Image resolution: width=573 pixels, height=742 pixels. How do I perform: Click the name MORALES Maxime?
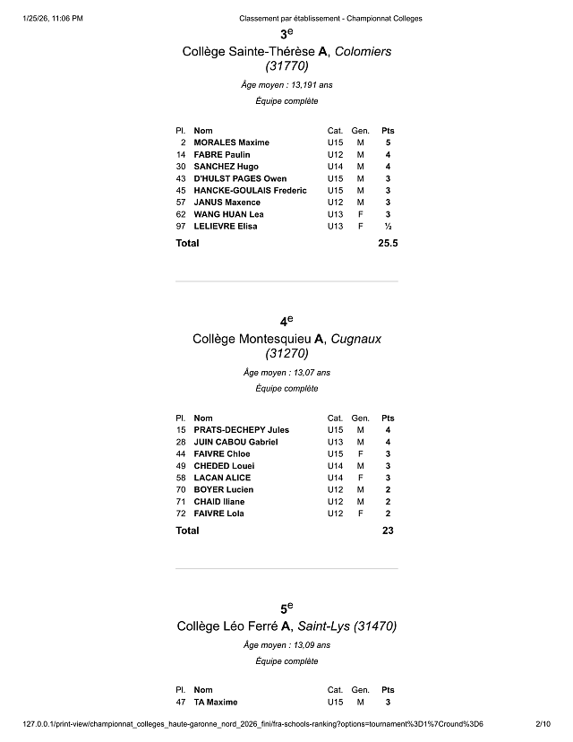(231, 142)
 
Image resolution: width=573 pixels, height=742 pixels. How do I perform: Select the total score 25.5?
(389, 243)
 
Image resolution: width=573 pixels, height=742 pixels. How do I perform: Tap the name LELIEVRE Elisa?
(225, 227)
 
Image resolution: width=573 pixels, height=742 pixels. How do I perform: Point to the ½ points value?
(388, 227)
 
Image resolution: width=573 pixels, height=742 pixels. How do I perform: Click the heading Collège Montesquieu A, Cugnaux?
(286, 339)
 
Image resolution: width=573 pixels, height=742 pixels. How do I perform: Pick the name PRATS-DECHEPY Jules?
(241, 430)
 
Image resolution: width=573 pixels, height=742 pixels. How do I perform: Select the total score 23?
(388, 531)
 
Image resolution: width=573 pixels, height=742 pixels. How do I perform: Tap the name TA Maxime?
(216, 702)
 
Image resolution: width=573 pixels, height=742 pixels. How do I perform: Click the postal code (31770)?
(286, 65)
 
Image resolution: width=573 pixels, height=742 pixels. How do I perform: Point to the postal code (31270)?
(286, 353)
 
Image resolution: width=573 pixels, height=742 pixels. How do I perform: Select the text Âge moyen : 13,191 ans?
(286, 85)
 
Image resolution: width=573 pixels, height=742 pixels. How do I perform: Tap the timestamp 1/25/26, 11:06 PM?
(55, 17)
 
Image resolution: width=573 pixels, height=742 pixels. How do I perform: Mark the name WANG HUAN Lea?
(228, 214)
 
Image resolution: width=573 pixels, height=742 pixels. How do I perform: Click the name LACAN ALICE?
(222, 478)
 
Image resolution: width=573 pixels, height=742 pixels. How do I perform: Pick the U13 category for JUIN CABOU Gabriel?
(335, 442)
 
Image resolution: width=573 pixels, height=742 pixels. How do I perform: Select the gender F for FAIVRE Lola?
(361, 513)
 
